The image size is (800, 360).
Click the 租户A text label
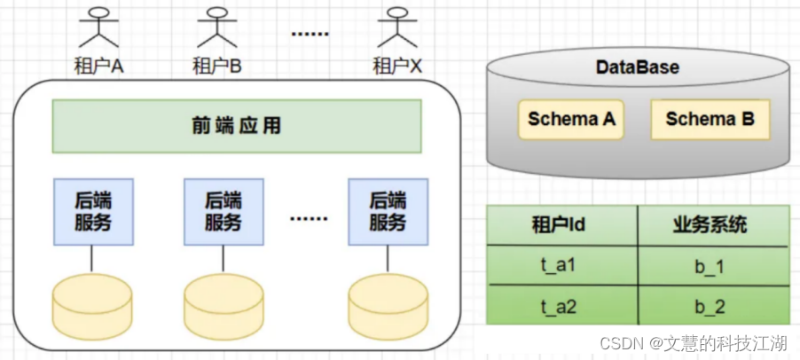(x=99, y=67)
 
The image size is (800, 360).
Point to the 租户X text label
(x=397, y=67)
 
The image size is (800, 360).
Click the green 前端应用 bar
(x=237, y=126)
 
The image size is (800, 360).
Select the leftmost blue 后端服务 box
(x=93, y=212)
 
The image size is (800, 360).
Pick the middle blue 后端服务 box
(x=224, y=212)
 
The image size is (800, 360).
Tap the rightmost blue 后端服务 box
(x=388, y=212)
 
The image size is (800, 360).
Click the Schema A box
(x=571, y=120)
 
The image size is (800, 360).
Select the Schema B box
(x=710, y=120)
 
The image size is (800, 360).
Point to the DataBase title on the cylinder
(x=638, y=67)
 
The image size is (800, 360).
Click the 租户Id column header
(x=561, y=225)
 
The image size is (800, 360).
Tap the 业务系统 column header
(x=714, y=225)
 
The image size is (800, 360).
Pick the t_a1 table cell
(x=561, y=265)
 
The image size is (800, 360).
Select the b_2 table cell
(x=714, y=305)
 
